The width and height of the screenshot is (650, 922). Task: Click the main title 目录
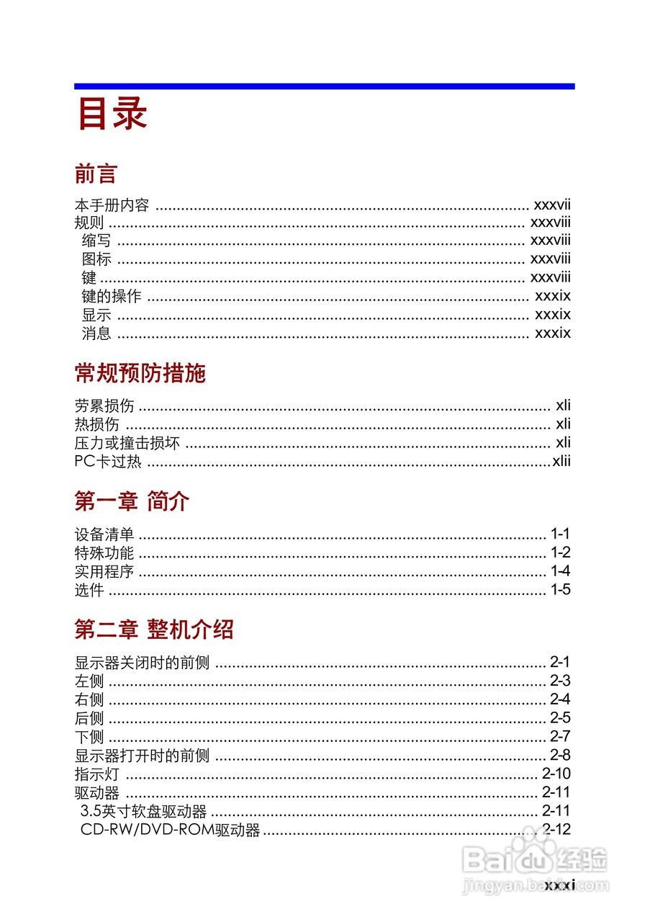(x=112, y=114)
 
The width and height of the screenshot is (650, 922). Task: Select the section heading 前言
(x=96, y=174)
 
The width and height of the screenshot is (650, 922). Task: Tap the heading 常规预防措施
(x=140, y=373)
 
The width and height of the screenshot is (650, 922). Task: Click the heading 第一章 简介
(x=132, y=501)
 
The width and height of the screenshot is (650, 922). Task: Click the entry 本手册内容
(x=112, y=205)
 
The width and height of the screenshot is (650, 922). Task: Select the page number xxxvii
(x=551, y=205)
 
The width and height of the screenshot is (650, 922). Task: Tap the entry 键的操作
(x=112, y=296)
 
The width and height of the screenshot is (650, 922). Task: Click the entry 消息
(x=96, y=333)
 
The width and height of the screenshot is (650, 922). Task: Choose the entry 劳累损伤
(x=104, y=406)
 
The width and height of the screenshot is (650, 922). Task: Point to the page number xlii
(x=561, y=461)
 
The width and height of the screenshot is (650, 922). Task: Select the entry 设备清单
(x=104, y=534)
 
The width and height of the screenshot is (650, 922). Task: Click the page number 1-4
(x=560, y=572)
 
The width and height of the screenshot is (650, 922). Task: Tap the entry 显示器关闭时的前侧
(x=142, y=663)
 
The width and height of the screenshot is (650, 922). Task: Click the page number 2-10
(x=556, y=774)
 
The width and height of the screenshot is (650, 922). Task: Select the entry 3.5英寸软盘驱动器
(x=144, y=812)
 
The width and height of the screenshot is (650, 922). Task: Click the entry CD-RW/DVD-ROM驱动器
(x=170, y=831)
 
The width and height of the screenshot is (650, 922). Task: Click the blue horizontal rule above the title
(x=324, y=86)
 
